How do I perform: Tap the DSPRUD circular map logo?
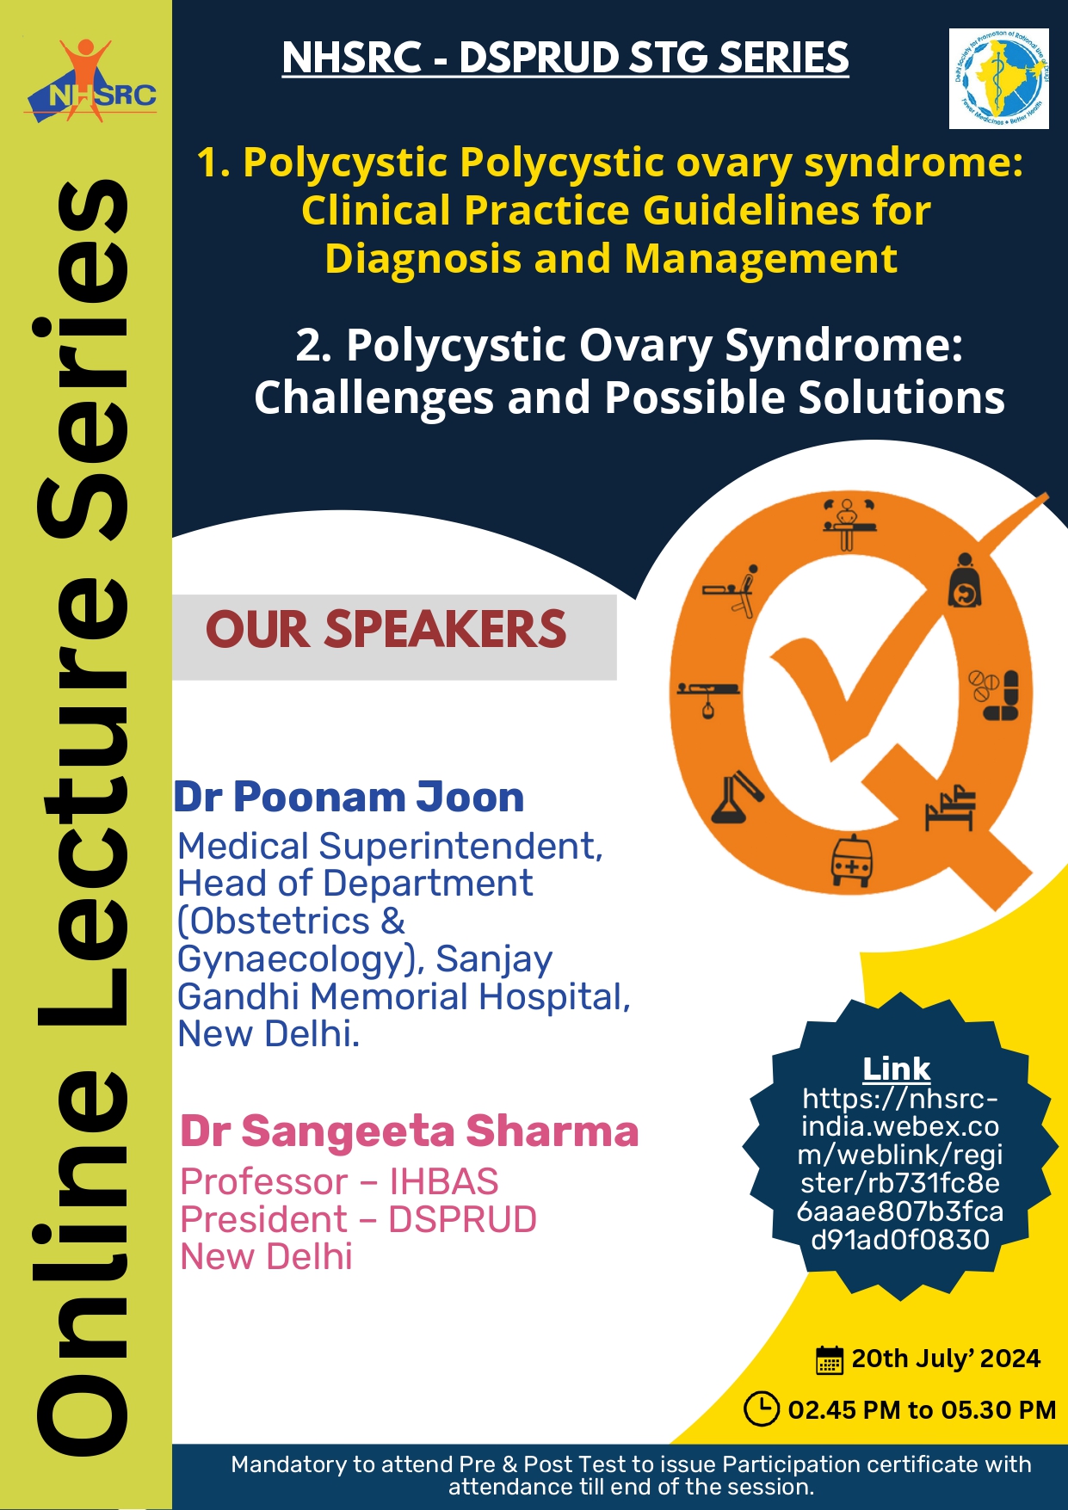tap(998, 79)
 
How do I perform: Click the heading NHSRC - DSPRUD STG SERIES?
tap(565, 59)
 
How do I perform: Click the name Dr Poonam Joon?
tap(349, 797)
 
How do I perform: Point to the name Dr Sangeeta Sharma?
tap(409, 1131)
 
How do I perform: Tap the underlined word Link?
tap(896, 1069)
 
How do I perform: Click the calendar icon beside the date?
tap(829, 1359)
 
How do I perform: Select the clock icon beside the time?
tap(762, 1409)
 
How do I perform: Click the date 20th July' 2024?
tap(945, 1359)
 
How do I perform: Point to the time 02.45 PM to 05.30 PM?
tap(921, 1410)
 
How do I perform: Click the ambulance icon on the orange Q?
tap(852, 861)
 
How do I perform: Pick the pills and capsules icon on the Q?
tap(995, 694)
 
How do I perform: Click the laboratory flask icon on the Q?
tap(734, 797)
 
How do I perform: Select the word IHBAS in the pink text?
tap(444, 1182)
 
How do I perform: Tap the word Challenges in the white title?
tap(375, 398)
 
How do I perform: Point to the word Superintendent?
tap(460, 847)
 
